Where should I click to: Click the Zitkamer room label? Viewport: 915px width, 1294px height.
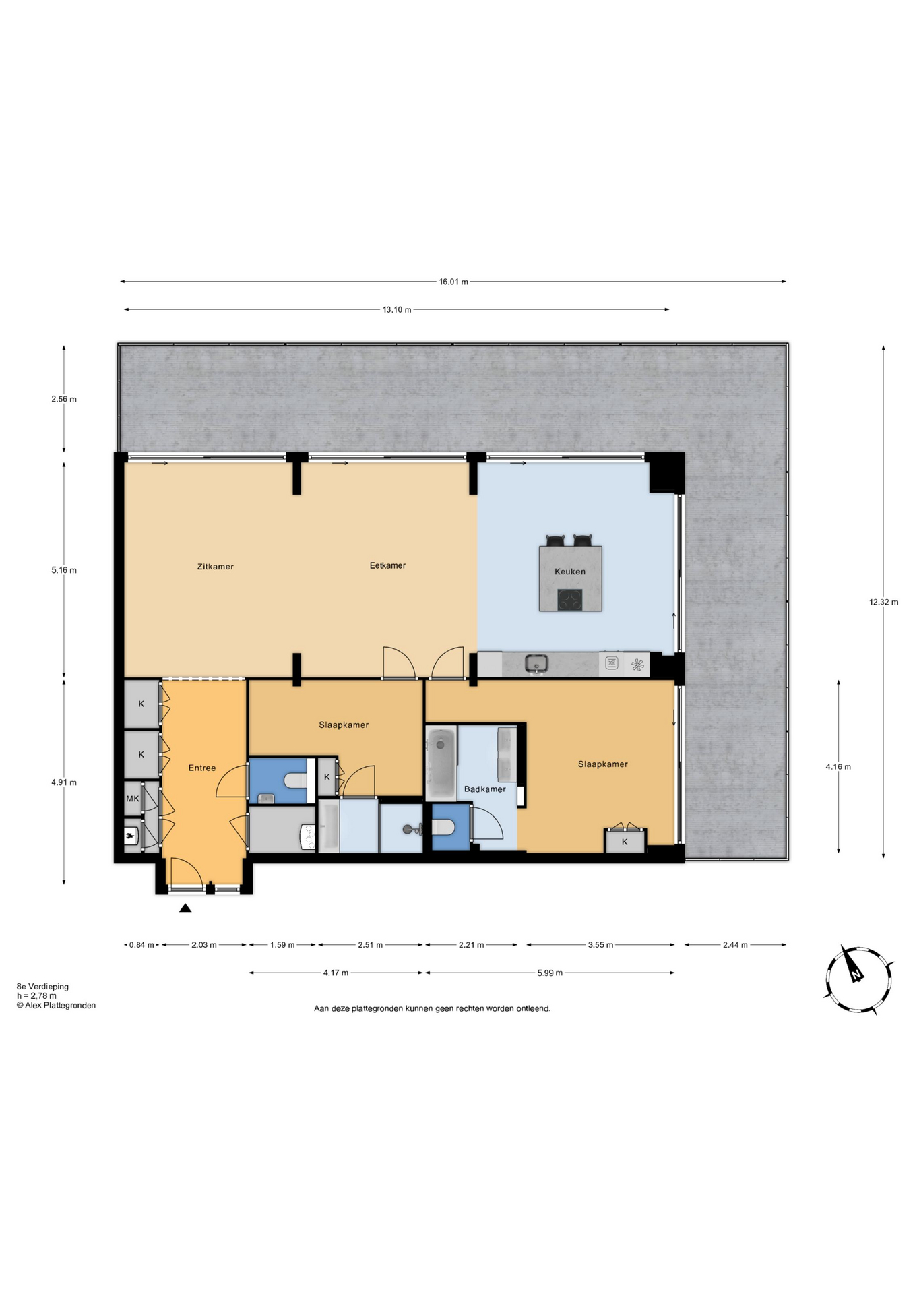[x=215, y=567]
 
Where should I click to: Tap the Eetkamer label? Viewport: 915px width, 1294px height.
[x=387, y=565]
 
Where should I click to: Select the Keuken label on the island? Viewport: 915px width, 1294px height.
[x=570, y=572]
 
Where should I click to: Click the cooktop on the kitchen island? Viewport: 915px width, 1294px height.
[x=569, y=599]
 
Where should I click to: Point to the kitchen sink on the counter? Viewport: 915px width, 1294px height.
[x=536, y=663]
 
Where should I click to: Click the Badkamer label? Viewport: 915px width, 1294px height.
[x=484, y=789]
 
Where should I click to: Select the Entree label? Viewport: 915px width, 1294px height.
[x=202, y=768]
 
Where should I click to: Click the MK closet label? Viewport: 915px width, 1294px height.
[x=133, y=799]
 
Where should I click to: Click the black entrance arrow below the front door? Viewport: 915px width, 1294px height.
[x=185, y=908]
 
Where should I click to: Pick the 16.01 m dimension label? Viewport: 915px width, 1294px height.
[x=453, y=282]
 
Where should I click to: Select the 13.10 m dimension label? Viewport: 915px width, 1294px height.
[x=397, y=310]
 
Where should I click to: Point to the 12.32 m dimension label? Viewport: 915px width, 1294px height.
[x=883, y=602]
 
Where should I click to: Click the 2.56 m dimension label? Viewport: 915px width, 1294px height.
[x=64, y=399]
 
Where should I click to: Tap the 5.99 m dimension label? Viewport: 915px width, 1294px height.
[x=550, y=973]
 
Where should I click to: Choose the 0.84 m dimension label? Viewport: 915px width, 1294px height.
[x=141, y=945]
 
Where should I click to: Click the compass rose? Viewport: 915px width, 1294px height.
[x=858, y=980]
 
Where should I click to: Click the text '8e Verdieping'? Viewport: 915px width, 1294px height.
[x=42, y=986]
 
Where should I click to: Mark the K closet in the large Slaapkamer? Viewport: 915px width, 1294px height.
[x=625, y=841]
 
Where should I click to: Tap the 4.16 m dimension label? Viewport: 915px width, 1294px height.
[x=838, y=766]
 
